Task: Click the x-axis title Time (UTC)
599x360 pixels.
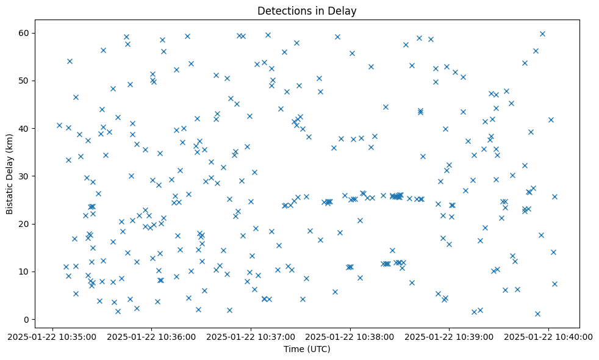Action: (x=307, y=349)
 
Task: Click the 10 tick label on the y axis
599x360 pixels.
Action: (x=25, y=272)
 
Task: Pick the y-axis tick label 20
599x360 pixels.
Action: (x=25, y=224)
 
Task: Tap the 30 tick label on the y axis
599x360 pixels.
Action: (x=25, y=176)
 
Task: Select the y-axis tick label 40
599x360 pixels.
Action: (x=25, y=129)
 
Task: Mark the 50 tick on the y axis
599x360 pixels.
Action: (x=25, y=81)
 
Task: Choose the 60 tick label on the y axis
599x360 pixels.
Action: (x=25, y=33)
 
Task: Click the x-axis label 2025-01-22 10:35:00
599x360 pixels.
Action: (x=53, y=337)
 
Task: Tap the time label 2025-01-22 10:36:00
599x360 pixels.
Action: (x=152, y=337)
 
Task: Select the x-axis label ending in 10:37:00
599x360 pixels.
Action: (x=251, y=337)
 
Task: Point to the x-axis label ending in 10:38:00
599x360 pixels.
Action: (x=351, y=337)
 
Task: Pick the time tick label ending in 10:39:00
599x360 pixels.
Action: (x=450, y=337)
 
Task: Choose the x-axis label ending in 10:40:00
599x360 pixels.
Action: (x=549, y=337)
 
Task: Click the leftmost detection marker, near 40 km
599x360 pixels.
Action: (x=59, y=126)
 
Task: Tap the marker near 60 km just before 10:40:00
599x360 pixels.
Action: (x=542, y=34)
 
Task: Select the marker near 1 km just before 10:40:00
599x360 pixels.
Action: (x=537, y=314)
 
